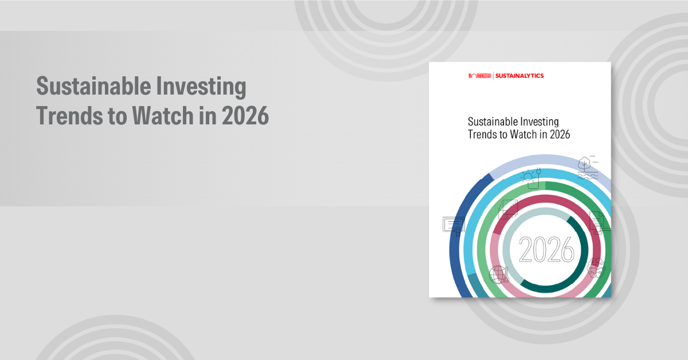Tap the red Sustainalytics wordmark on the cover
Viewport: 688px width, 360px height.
(519, 76)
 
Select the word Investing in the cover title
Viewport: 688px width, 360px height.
(539, 122)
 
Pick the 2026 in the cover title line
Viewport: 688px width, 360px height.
(558, 135)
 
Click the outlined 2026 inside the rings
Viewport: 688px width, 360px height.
(546, 250)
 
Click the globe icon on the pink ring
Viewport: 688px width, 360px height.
(498, 274)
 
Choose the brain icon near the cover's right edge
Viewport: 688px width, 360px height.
(596, 267)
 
